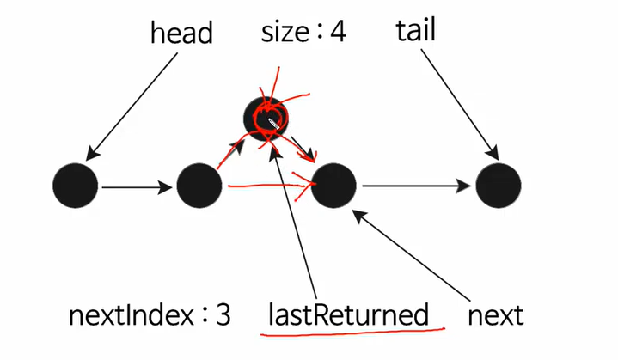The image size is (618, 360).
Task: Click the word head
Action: [181, 34]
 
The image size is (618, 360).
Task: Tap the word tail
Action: [416, 32]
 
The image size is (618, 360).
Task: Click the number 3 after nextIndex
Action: [223, 315]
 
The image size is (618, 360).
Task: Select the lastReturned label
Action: [347, 315]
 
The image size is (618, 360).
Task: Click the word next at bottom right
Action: [495, 315]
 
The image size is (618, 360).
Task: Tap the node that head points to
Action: [75, 185]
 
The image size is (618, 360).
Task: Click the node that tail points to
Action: [499, 185]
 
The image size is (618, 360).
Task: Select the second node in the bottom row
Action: [199, 185]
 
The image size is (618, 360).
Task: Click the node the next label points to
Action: [333, 185]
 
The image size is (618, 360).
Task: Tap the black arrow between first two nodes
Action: [138, 186]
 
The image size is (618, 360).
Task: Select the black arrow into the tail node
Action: [417, 186]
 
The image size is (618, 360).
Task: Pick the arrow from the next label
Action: [413, 258]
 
